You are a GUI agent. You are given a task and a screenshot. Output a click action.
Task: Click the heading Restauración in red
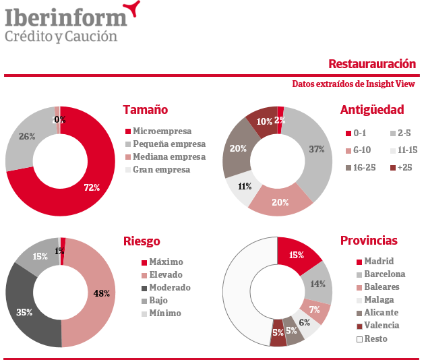pos(372,64)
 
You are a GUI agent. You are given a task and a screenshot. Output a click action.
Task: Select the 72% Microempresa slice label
pos(92,187)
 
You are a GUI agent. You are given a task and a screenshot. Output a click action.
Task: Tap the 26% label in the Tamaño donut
pos(27,136)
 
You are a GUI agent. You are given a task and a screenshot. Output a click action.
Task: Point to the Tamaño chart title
pos(146,110)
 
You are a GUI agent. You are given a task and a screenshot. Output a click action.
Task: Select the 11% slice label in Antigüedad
pos(244,186)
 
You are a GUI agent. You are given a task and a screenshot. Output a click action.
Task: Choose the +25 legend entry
pos(404,167)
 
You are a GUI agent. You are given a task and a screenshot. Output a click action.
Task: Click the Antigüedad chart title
pos(372,110)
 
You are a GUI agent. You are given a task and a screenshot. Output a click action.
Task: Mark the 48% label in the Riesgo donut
pos(102,293)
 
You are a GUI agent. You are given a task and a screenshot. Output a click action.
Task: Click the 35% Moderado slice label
pos(24,312)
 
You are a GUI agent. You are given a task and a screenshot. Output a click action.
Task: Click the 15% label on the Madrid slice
pos(296,255)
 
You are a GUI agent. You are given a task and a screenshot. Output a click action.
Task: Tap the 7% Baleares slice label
pos(315,310)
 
